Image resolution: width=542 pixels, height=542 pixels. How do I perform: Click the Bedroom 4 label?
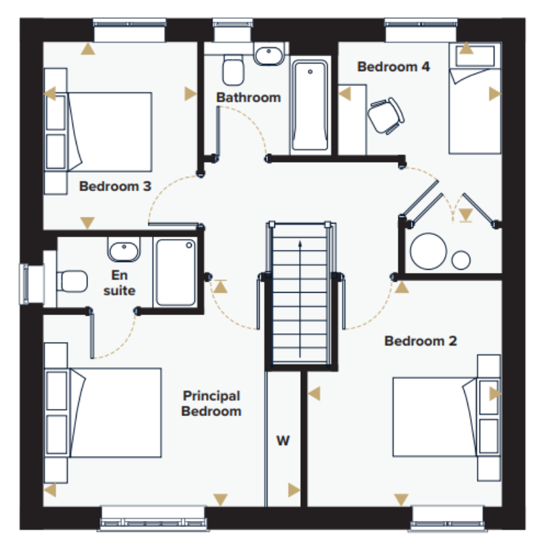pyautogui.click(x=394, y=66)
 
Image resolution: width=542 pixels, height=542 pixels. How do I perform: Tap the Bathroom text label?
pyautogui.click(x=249, y=98)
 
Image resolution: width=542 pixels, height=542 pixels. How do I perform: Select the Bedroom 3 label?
pyautogui.click(x=115, y=186)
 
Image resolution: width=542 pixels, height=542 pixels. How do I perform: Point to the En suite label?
pyautogui.click(x=119, y=283)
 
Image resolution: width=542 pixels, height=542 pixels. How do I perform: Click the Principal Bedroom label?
pyautogui.click(x=211, y=403)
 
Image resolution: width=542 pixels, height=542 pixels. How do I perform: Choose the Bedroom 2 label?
pyautogui.click(x=421, y=341)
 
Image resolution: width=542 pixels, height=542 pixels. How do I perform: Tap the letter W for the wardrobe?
pyautogui.click(x=283, y=441)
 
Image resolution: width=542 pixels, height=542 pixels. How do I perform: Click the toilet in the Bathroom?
pyautogui.click(x=233, y=70)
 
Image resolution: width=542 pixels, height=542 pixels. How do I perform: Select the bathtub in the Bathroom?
pyautogui.click(x=310, y=105)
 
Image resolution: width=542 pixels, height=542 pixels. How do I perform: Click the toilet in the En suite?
pyautogui.click(x=72, y=281)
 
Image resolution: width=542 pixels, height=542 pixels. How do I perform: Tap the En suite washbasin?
pyautogui.click(x=124, y=249)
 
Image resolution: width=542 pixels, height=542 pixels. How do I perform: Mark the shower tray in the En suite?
pyautogui.click(x=175, y=272)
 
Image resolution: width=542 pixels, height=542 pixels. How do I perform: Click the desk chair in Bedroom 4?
pyautogui.click(x=385, y=116)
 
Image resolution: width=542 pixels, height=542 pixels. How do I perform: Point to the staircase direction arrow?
pyautogui.click(x=299, y=299)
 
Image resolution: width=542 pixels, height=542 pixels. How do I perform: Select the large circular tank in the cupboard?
pyautogui.click(x=428, y=251)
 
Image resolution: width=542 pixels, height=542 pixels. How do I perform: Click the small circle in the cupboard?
pyautogui.click(x=461, y=260)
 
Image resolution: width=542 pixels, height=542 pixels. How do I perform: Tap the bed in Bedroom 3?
pyautogui.click(x=110, y=132)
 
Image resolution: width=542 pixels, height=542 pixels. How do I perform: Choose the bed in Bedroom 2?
pyautogui.click(x=435, y=417)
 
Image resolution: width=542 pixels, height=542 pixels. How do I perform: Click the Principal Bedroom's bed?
pyautogui.click(x=115, y=413)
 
